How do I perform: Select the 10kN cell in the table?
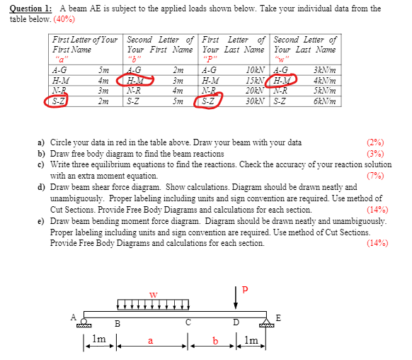(x=253, y=70)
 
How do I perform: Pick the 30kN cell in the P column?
(x=253, y=101)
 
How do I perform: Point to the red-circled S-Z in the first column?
(x=59, y=101)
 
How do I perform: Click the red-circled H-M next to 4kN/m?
(x=283, y=81)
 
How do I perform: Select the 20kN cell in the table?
(x=253, y=91)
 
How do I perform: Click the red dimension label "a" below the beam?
(x=150, y=343)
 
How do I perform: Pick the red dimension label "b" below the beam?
(x=214, y=343)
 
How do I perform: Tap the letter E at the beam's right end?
(x=278, y=318)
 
